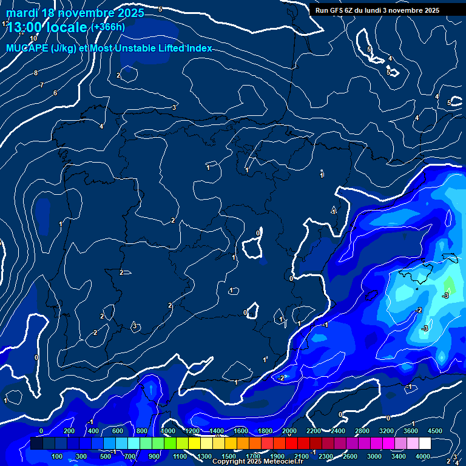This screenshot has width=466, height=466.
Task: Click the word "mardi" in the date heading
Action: click(x=21, y=13)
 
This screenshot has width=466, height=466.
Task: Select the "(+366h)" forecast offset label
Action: click(x=108, y=27)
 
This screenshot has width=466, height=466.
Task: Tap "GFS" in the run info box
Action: click(x=339, y=10)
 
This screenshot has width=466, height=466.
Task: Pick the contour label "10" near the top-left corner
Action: click(x=33, y=38)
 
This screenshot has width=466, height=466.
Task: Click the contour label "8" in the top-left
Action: click(x=36, y=73)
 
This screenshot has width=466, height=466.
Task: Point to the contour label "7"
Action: click(x=41, y=86)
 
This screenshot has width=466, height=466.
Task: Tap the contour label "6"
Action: click(x=55, y=93)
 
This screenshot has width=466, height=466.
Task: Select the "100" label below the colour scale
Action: click(x=58, y=456)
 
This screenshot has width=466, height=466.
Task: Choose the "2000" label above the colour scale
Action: click(x=290, y=431)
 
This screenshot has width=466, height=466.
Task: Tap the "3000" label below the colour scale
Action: click(x=374, y=456)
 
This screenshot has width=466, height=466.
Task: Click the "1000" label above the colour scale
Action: click(x=168, y=431)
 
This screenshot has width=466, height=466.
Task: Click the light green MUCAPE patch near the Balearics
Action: click(x=448, y=283)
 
